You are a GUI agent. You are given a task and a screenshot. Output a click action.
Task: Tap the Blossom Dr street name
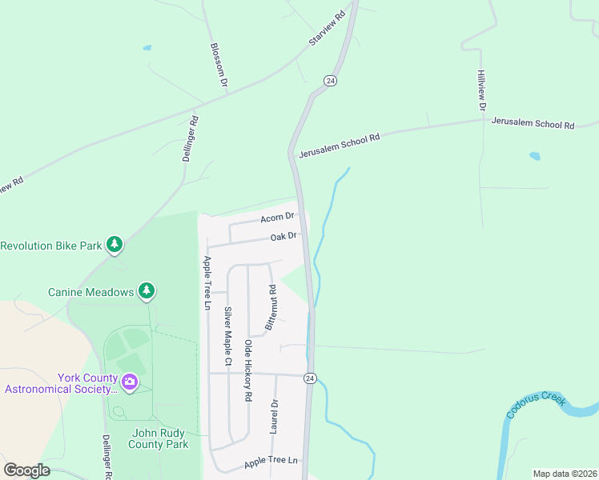218,64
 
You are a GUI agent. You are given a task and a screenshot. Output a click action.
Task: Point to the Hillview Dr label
481,90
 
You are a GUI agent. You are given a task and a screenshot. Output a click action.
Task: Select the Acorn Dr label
278,218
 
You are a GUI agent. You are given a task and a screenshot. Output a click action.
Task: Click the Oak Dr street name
283,236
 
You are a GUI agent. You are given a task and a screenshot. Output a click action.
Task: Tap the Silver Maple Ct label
227,337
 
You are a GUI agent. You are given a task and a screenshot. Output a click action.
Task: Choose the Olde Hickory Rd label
248,370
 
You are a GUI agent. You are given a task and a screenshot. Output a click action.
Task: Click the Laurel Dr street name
274,416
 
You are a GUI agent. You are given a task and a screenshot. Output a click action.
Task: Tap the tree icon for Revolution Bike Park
115,244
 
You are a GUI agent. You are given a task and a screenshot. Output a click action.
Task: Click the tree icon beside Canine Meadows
146,291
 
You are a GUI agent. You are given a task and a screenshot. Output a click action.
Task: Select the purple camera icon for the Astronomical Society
127,382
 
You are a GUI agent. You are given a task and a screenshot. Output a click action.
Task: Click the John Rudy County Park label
159,438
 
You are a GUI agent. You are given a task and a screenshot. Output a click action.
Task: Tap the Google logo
26,470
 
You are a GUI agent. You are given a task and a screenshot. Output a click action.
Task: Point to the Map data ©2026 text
564,474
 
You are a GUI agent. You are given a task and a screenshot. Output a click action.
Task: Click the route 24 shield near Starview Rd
331,81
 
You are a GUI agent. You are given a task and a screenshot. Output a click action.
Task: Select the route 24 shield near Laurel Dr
309,378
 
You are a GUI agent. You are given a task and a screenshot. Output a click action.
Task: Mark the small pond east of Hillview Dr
534,157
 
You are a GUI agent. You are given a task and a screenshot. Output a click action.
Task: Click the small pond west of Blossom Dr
147,48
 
